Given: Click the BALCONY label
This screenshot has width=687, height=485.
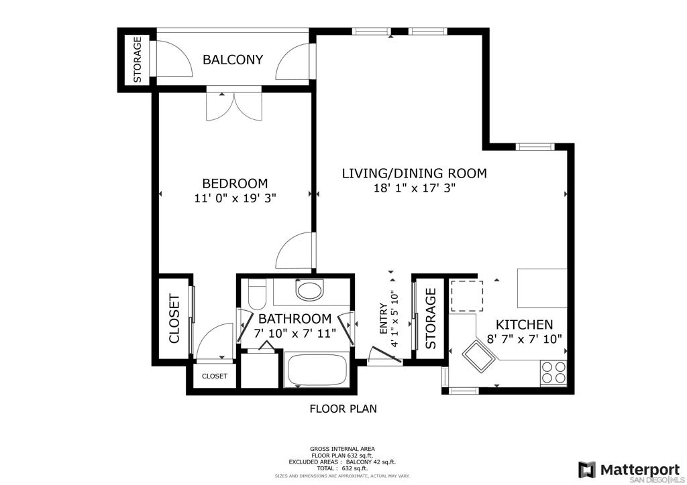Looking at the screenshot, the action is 233,60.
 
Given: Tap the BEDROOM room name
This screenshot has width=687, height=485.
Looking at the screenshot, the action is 235,184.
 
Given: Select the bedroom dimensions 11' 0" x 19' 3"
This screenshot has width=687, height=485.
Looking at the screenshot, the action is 235,198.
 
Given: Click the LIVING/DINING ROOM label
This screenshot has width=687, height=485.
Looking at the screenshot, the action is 414,174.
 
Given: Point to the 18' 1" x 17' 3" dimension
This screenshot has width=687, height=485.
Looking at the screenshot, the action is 415,188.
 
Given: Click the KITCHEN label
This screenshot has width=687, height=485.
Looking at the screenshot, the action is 524,324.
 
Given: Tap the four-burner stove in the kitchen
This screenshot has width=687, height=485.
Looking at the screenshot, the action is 553,372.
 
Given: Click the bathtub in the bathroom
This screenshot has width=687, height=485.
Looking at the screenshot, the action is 317,370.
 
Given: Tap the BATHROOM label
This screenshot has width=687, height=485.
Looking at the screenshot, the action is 295,318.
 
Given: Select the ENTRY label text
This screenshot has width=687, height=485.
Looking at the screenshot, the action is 383,319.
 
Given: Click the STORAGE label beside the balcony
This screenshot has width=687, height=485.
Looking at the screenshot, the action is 138,60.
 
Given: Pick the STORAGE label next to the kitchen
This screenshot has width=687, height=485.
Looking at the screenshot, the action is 431,318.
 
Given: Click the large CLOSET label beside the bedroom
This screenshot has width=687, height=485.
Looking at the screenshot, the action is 174,319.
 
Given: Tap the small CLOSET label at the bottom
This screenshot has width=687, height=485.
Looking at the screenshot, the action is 215,376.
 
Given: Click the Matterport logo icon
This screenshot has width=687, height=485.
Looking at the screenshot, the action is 586,470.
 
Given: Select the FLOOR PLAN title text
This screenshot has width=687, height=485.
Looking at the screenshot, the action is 343,409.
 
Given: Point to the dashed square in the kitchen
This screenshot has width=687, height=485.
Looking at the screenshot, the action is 467,296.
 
